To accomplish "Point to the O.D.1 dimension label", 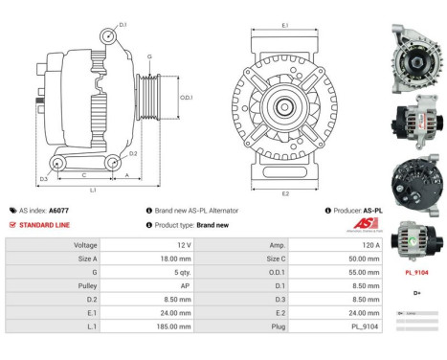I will click(187, 97).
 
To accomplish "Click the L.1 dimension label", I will click(93, 191).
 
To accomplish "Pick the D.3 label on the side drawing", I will click(44, 178).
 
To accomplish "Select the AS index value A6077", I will click(60, 211).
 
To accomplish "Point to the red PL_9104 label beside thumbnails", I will click(416, 272).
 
